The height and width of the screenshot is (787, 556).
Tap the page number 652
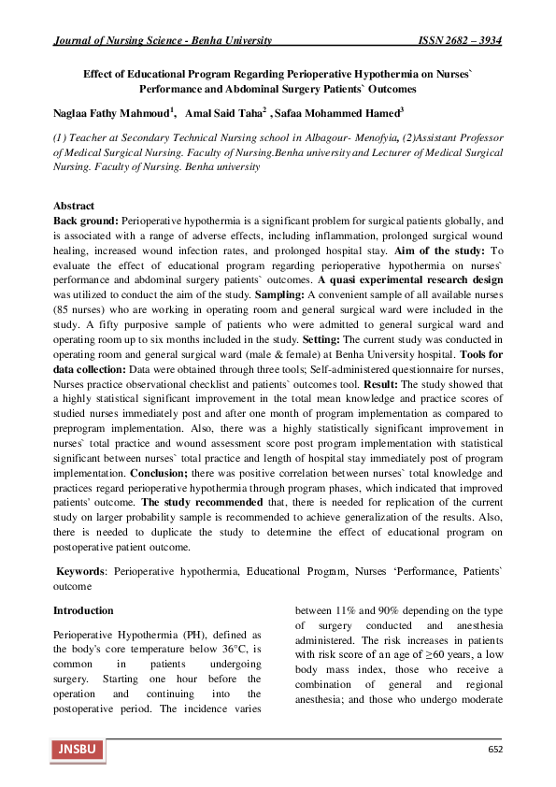pyautogui.click(x=496, y=750)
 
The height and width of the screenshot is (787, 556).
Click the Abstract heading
pyautogui.click(x=74, y=205)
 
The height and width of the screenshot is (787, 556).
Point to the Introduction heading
pyautogui.click(x=83, y=609)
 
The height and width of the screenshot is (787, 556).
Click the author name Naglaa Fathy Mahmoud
pyautogui.click(x=110, y=113)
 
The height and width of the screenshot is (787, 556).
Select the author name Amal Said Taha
pyautogui.click(x=224, y=113)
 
